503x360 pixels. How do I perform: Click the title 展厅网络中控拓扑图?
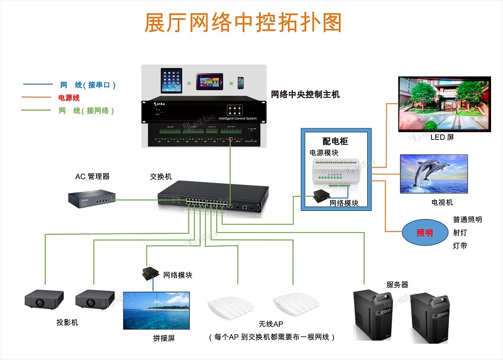click(x=243, y=23)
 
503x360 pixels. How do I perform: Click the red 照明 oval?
click(x=424, y=233)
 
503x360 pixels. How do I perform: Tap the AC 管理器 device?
click(x=92, y=200)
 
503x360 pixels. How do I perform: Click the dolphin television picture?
click(x=434, y=174)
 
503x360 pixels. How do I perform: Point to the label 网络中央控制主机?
click(x=305, y=94)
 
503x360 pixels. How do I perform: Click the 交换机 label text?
click(x=160, y=176)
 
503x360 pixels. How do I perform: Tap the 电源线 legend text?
click(x=69, y=98)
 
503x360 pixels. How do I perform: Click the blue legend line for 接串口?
click(x=37, y=84)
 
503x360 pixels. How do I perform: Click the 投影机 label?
click(x=67, y=322)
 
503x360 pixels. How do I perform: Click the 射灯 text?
click(x=460, y=232)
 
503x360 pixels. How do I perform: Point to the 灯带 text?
click(x=460, y=245)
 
